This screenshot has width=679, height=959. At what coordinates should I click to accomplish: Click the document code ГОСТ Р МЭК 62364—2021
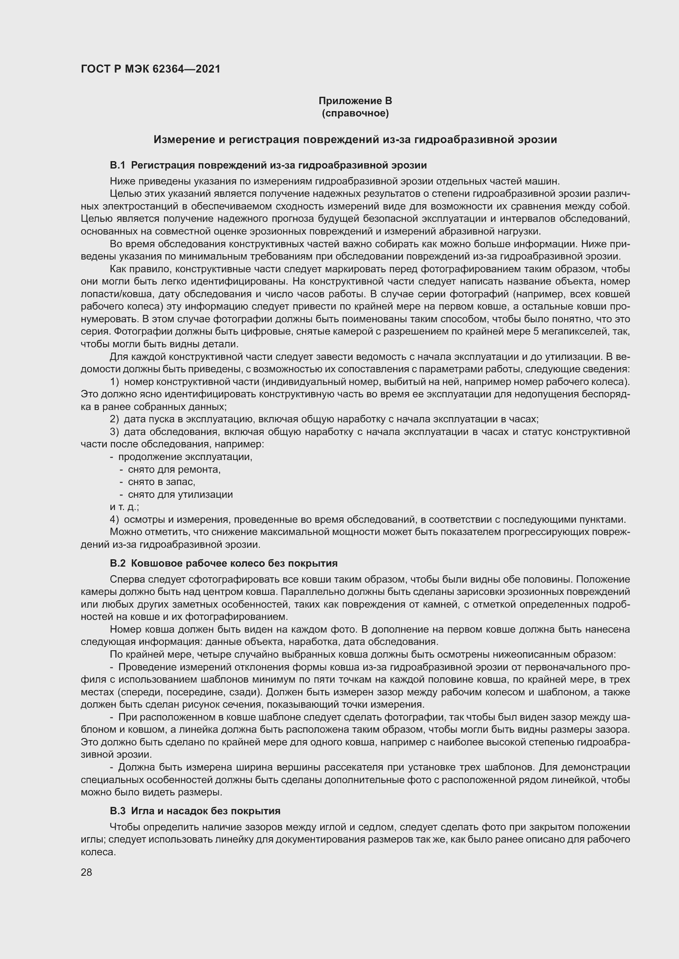tap(151, 69)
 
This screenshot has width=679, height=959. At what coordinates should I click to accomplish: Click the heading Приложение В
tap(355, 101)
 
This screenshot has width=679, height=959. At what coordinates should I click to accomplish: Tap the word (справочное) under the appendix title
tap(355, 113)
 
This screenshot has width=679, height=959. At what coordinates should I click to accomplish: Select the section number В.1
tap(117, 165)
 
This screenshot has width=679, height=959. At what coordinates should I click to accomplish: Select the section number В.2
tap(117, 563)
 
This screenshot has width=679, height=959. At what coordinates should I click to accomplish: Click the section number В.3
tap(117, 811)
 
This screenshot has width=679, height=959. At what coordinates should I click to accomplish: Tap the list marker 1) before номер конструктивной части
tap(115, 382)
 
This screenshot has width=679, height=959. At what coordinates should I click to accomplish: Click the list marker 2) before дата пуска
tap(115, 419)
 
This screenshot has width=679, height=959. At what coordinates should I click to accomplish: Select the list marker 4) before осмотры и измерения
tap(115, 519)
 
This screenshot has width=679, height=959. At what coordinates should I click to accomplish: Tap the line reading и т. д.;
tap(124, 507)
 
